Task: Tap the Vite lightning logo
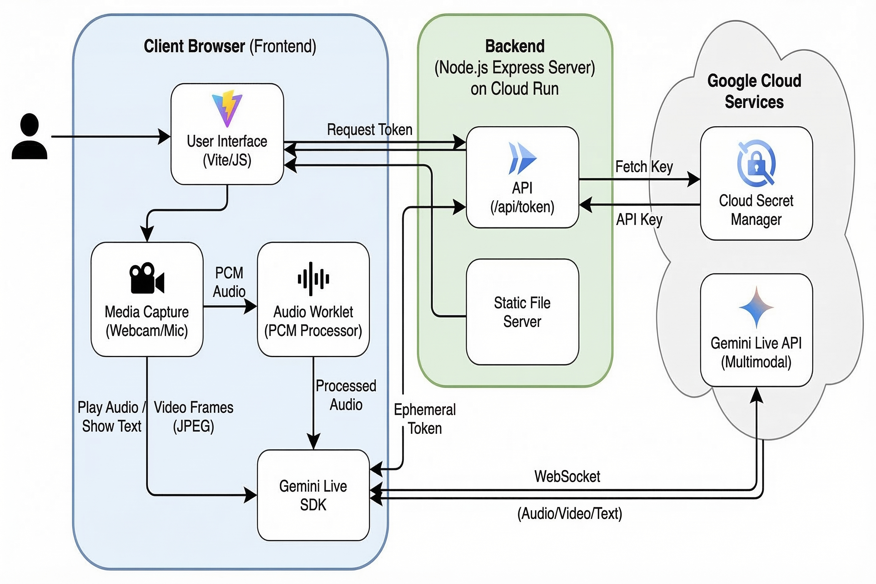click(x=227, y=109)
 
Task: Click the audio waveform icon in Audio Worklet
click(x=313, y=279)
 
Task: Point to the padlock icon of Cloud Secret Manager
click(x=756, y=164)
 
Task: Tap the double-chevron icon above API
click(x=522, y=158)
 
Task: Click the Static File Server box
click(x=522, y=312)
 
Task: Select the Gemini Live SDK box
click(x=313, y=495)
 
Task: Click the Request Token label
click(x=370, y=130)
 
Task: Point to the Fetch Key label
click(x=644, y=167)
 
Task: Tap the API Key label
click(x=639, y=219)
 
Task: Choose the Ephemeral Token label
click(x=425, y=419)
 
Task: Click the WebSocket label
click(x=567, y=476)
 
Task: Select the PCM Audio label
click(x=229, y=282)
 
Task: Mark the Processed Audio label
click(x=346, y=395)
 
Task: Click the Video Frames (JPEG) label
click(x=194, y=417)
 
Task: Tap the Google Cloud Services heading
click(x=754, y=91)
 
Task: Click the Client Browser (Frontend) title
click(x=230, y=46)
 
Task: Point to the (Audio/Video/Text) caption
click(x=570, y=514)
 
